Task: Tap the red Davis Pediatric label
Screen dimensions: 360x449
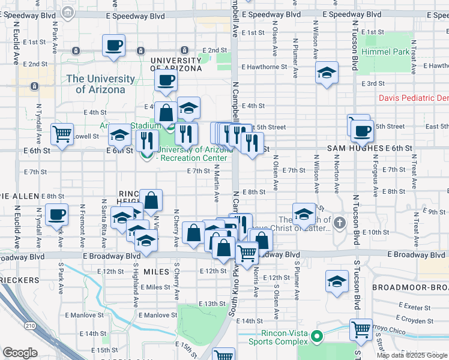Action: coord(414,98)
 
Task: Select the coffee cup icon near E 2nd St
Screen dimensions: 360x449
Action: coord(113,45)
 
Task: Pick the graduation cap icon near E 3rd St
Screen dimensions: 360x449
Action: coord(327,73)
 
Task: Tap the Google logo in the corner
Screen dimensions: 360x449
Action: coord(19,353)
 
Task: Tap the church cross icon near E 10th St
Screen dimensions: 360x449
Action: coord(340,223)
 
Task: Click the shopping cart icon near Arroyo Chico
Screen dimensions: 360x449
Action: coord(361,328)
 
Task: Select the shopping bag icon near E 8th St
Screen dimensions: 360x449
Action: coord(152,200)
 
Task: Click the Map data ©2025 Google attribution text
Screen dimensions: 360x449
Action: coord(412,355)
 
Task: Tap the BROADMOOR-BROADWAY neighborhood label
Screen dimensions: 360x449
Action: coord(410,287)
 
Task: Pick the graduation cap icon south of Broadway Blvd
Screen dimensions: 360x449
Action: coord(337,280)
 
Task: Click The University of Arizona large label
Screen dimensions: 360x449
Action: coord(100,84)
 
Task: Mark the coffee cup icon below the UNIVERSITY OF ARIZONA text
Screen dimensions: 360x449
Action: coord(166,80)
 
